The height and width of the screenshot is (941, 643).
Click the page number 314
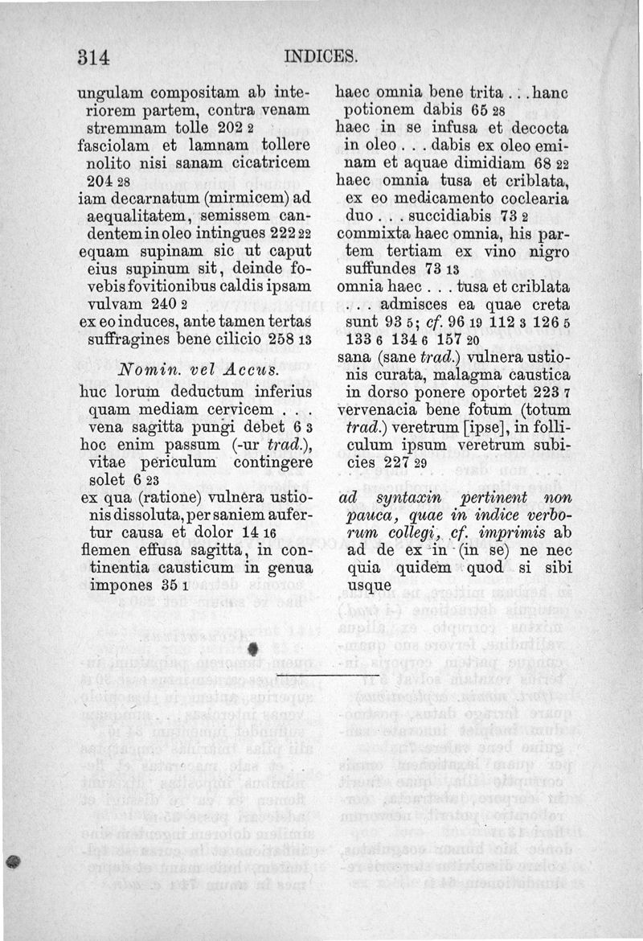(93, 58)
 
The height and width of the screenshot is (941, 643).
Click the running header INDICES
(319, 58)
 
